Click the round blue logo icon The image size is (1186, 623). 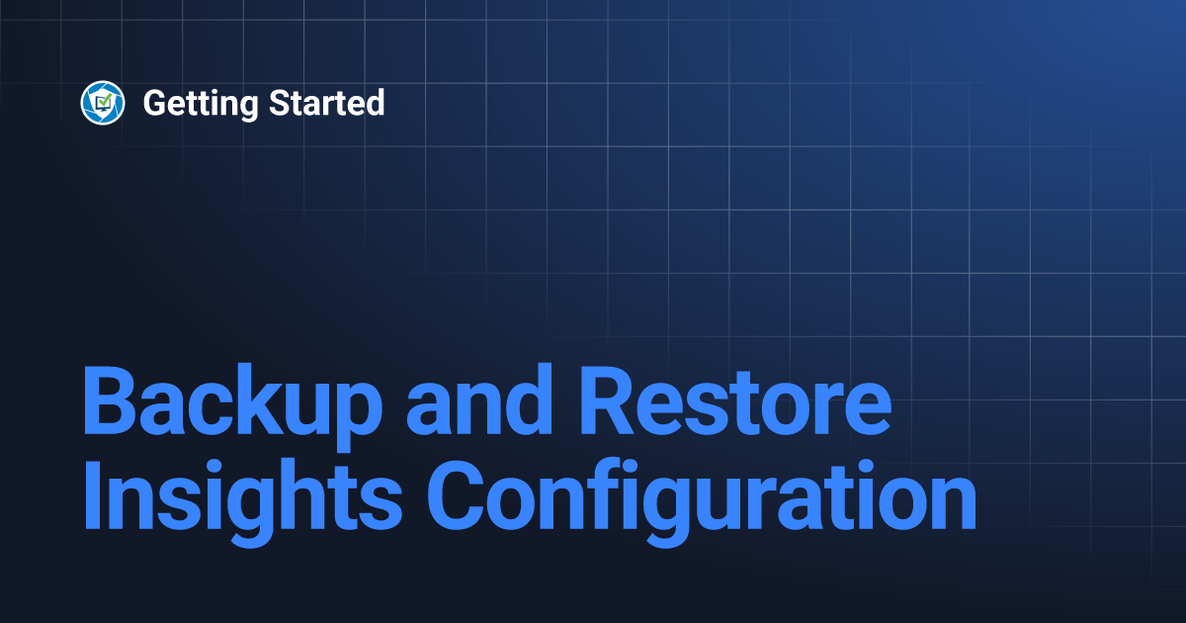[103, 103]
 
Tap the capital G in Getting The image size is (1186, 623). [154, 103]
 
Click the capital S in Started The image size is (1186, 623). [280, 103]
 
